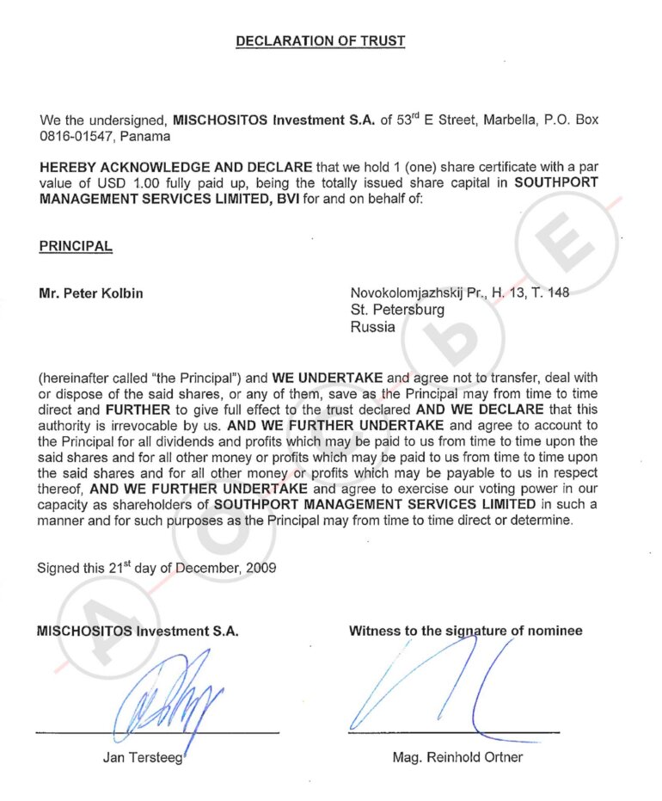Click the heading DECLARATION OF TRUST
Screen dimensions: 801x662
[x=320, y=40]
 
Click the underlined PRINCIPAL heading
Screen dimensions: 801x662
[x=76, y=246]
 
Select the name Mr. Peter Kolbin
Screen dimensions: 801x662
[x=91, y=293]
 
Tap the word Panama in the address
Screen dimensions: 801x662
[x=146, y=136]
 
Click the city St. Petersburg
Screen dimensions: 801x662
[x=397, y=310]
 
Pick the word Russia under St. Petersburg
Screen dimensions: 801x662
[x=373, y=326]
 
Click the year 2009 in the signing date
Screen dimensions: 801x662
[x=261, y=569]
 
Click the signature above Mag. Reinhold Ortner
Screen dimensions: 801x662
[x=438, y=688]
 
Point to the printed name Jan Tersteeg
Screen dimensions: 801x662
[x=143, y=758]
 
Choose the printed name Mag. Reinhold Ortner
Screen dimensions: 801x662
[x=457, y=758]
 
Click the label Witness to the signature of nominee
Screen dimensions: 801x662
[x=465, y=631]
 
